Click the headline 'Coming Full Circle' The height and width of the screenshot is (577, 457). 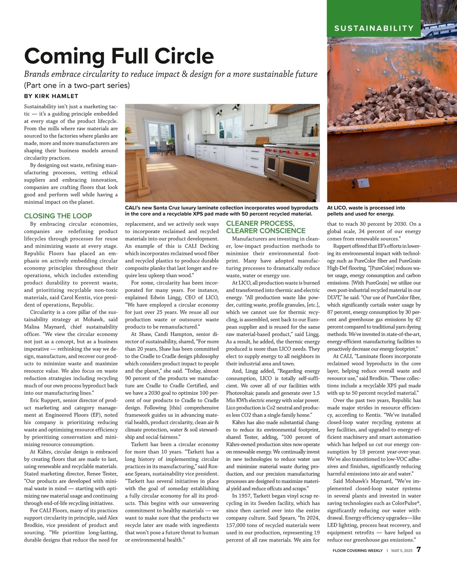[119, 56]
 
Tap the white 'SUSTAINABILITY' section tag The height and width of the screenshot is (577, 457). [374, 28]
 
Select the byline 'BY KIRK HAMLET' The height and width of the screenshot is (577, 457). [51, 96]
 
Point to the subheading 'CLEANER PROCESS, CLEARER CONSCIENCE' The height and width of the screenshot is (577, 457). [265, 227]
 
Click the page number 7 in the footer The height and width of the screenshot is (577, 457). [418, 550]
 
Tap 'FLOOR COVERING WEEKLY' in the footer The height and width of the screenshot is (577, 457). [357, 551]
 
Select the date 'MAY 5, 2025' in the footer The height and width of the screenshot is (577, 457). [402, 551]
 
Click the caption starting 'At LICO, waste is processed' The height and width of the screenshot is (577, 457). [366, 211]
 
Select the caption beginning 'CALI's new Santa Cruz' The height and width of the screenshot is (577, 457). [221, 211]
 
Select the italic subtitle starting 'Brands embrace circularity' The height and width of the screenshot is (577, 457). [171, 74]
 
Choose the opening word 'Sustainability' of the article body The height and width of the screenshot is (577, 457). [41, 107]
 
